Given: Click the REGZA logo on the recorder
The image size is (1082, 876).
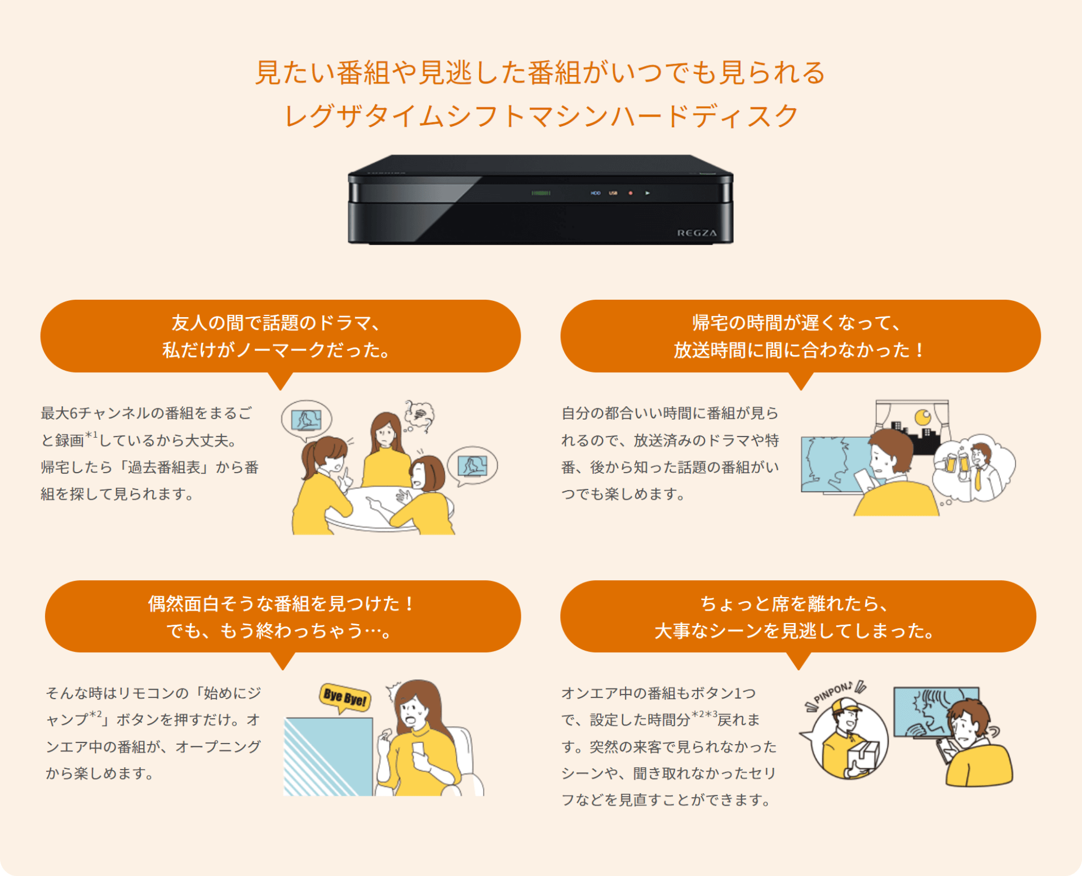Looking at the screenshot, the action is [x=697, y=233].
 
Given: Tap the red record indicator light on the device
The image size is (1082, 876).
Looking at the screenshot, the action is [x=631, y=193].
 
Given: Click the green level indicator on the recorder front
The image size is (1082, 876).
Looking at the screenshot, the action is [x=541, y=193].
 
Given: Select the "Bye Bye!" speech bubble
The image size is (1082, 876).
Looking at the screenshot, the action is [x=345, y=698].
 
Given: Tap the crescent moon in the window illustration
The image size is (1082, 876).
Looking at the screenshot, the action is [x=923, y=417].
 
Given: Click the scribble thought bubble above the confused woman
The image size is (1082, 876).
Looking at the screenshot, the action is [x=419, y=415].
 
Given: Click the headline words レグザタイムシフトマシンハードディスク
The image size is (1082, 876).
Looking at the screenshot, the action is [x=541, y=116].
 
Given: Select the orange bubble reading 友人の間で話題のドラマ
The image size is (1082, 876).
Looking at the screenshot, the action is [x=281, y=336].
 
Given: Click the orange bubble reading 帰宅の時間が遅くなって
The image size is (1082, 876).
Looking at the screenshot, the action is [x=800, y=336].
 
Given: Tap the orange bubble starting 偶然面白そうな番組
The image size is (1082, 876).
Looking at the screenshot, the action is [x=283, y=616].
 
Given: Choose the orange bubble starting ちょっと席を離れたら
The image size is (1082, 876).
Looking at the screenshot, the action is [x=798, y=616].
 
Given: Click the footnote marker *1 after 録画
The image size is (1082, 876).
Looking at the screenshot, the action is [x=91, y=435].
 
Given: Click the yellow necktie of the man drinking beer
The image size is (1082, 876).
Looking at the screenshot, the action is [x=978, y=478].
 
